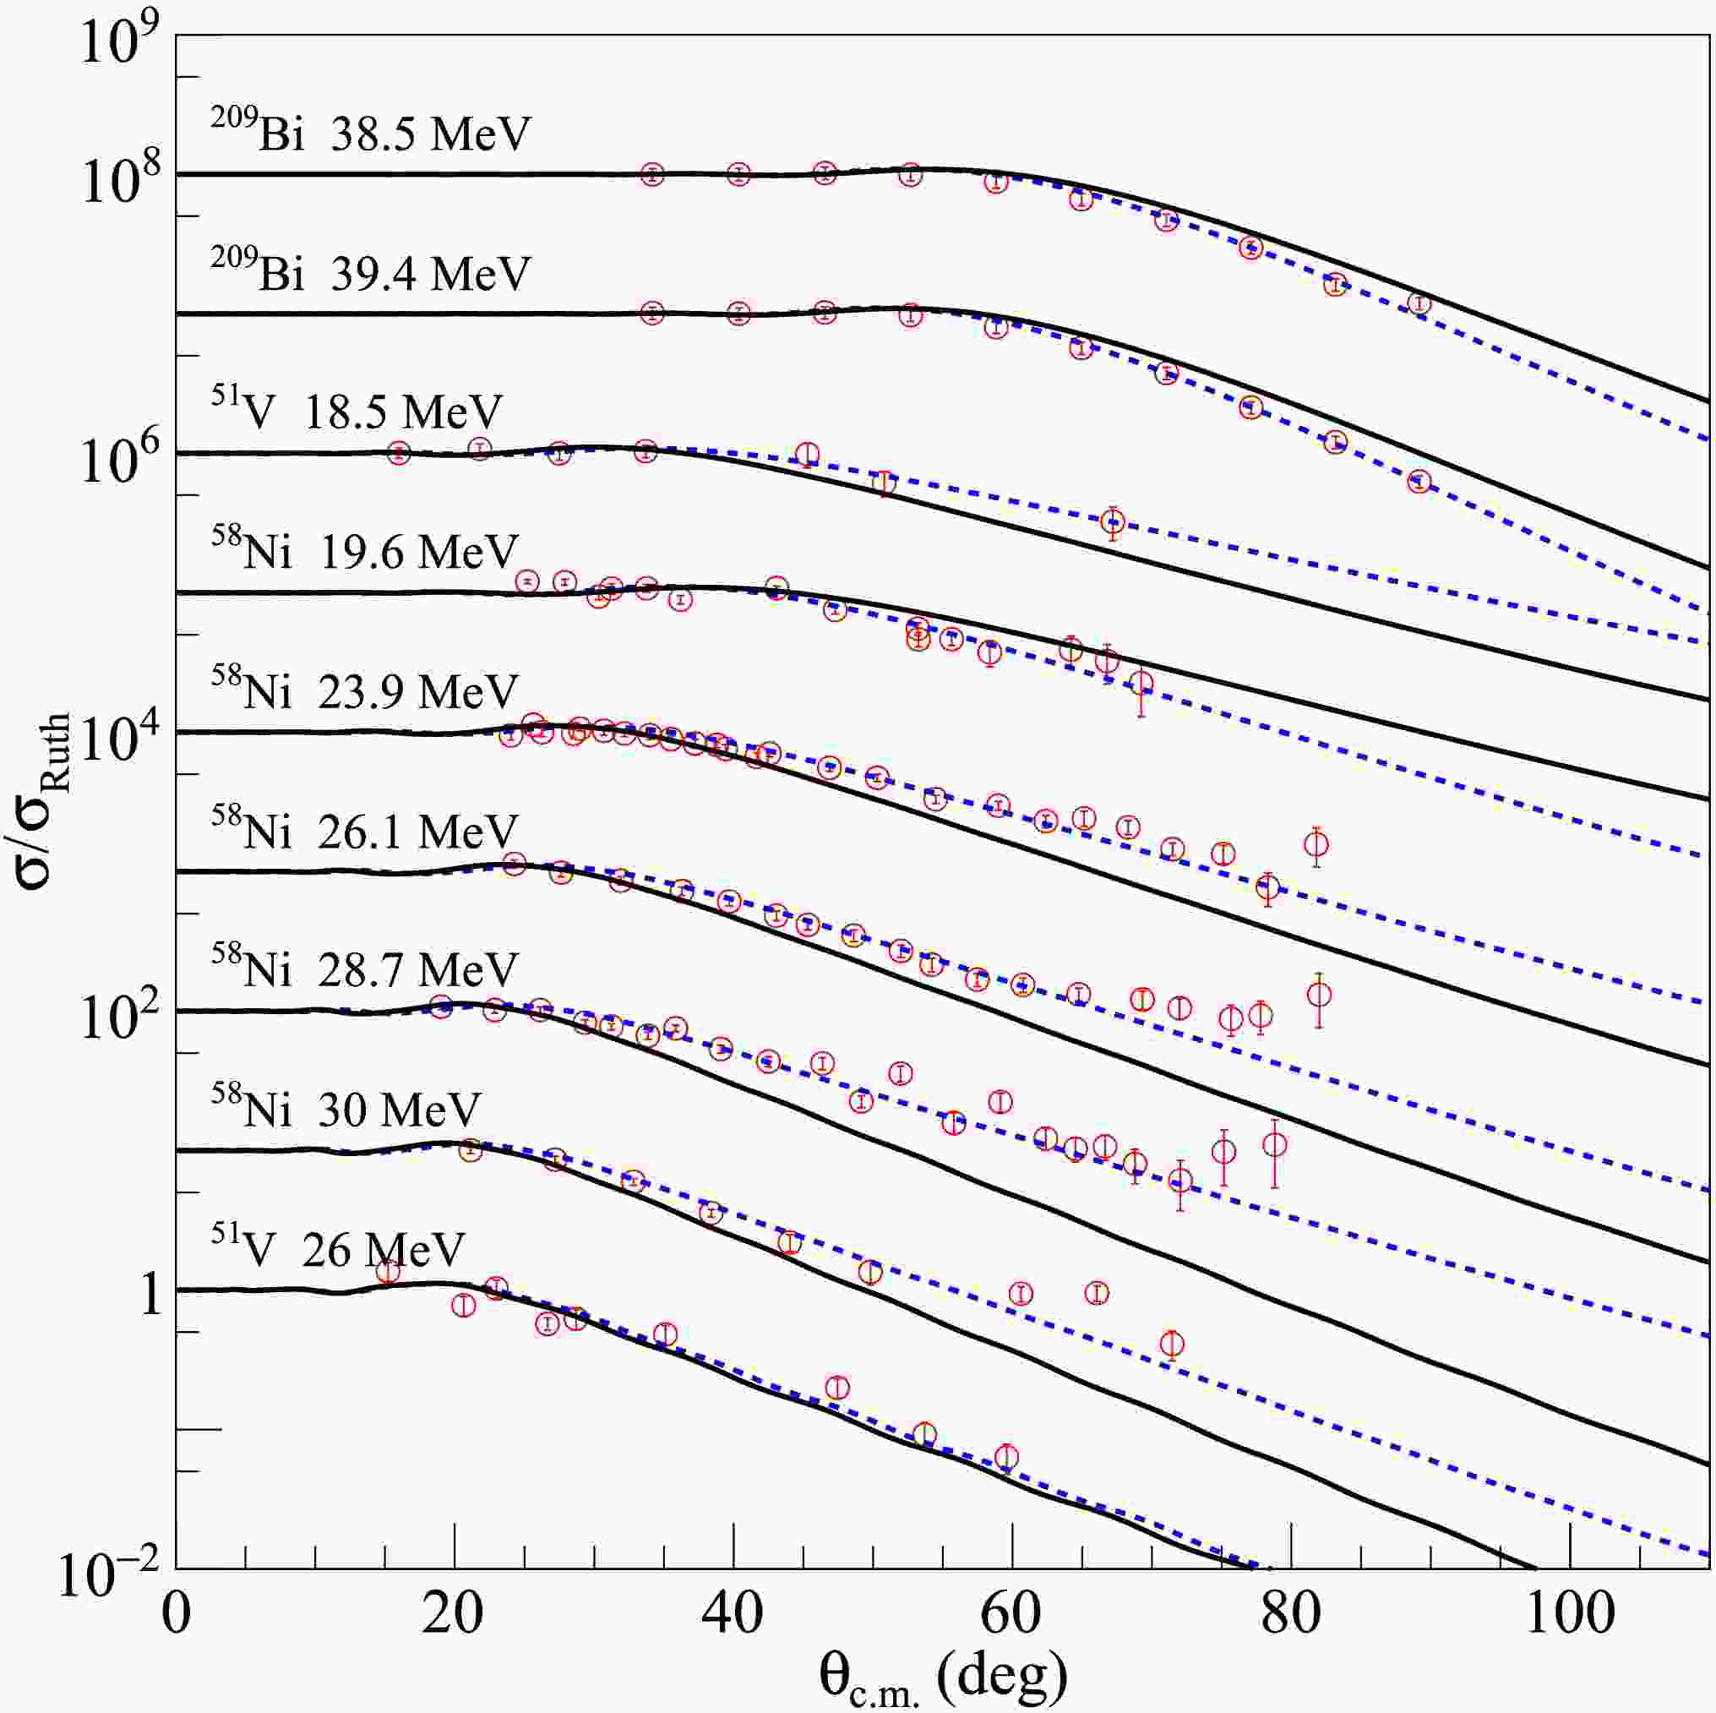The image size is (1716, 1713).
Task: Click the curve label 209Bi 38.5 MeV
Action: [x=370, y=133]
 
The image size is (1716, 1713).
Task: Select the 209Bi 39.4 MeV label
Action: [x=370, y=272]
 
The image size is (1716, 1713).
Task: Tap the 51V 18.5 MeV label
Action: [x=357, y=412]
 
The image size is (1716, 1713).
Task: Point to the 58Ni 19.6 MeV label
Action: [x=364, y=551]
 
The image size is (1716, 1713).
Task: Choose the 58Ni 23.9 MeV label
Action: [x=364, y=691]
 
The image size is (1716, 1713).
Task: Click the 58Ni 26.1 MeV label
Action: [x=364, y=831]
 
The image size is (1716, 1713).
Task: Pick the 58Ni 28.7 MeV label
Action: [x=364, y=969]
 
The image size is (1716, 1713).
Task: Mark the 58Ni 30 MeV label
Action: [x=346, y=1109]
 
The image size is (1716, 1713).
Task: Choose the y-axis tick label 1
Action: [x=151, y=1295]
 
